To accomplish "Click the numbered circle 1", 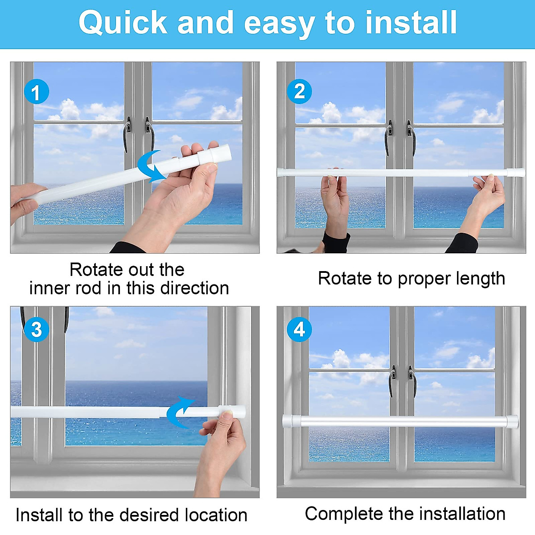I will (36, 92).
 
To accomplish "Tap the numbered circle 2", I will (300, 91).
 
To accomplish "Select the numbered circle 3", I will (36, 329).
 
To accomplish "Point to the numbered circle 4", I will (299, 329).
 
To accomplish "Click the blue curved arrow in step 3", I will (179, 412).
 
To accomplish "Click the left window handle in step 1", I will (128, 132).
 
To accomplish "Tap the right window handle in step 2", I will (410, 136).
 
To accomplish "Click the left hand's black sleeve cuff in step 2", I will (335, 242).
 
